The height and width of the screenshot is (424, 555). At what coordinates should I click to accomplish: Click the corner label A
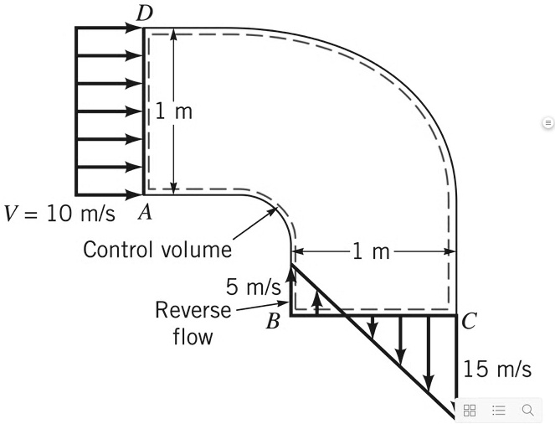[x=145, y=213]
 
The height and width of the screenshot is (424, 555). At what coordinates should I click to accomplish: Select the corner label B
[x=272, y=322]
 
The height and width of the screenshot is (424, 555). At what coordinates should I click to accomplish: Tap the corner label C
[x=469, y=320]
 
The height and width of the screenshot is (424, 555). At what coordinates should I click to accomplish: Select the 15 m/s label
[x=496, y=369]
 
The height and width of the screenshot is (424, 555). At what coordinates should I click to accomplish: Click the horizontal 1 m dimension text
[x=369, y=251]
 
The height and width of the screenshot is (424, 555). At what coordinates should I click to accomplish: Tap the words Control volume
[x=157, y=249]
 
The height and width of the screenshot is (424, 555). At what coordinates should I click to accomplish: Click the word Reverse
[x=193, y=310]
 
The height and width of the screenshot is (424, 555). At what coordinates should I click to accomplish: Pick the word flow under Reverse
[x=193, y=337]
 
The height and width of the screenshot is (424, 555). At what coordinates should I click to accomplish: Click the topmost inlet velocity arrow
[x=109, y=28]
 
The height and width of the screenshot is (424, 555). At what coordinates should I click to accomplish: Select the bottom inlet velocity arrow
[x=109, y=194]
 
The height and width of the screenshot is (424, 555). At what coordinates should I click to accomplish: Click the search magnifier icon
[x=527, y=410]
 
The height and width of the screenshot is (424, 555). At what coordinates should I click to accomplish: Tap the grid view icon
[x=470, y=410]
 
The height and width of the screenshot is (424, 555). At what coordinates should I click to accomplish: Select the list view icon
[x=499, y=410]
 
